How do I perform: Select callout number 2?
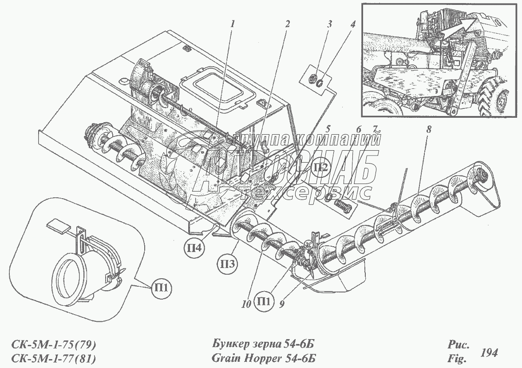pos(288,24)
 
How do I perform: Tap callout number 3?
pos(329,24)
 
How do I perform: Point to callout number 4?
pos(353,24)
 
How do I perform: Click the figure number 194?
pos(489,353)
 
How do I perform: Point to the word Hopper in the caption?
pos(266,358)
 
